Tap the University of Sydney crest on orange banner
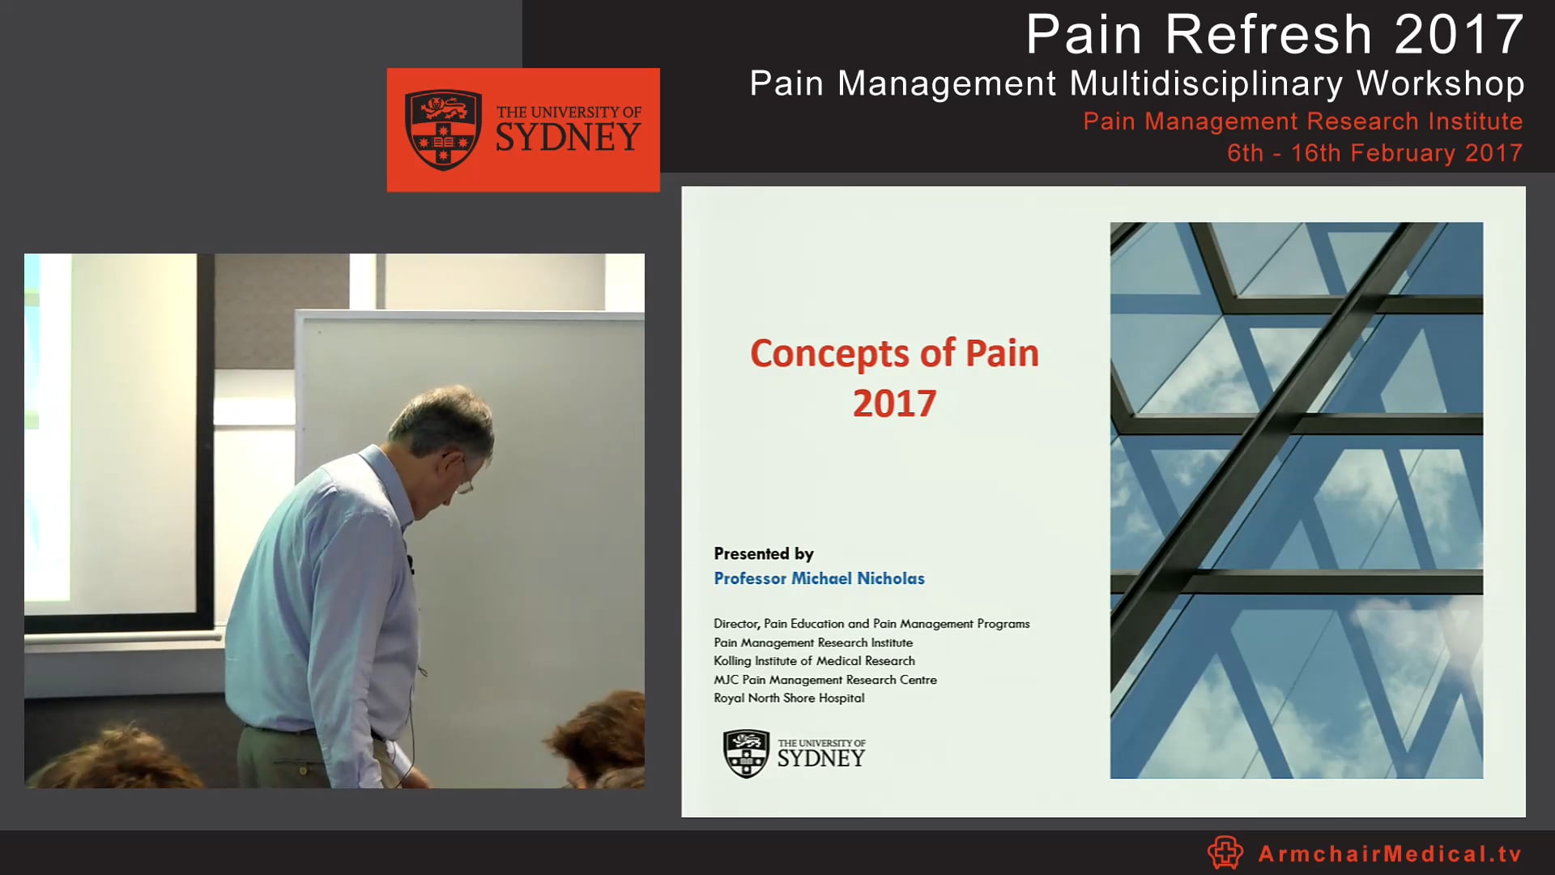(443, 130)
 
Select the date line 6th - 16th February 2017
(1374, 153)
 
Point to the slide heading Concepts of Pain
(894, 353)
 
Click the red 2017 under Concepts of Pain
(894, 403)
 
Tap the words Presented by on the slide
(763, 554)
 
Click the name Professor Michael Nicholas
(819, 578)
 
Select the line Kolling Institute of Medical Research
(814, 661)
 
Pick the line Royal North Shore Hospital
(789, 698)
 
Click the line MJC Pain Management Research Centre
(824, 680)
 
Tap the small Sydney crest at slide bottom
(746, 753)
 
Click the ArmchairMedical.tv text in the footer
(1390, 854)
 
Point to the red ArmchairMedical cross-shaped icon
(1225, 853)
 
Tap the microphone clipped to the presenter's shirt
(411, 561)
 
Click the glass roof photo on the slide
(1296, 500)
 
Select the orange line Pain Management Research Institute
(1302, 122)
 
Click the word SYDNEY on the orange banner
(568, 138)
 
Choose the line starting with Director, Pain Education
(871, 624)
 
